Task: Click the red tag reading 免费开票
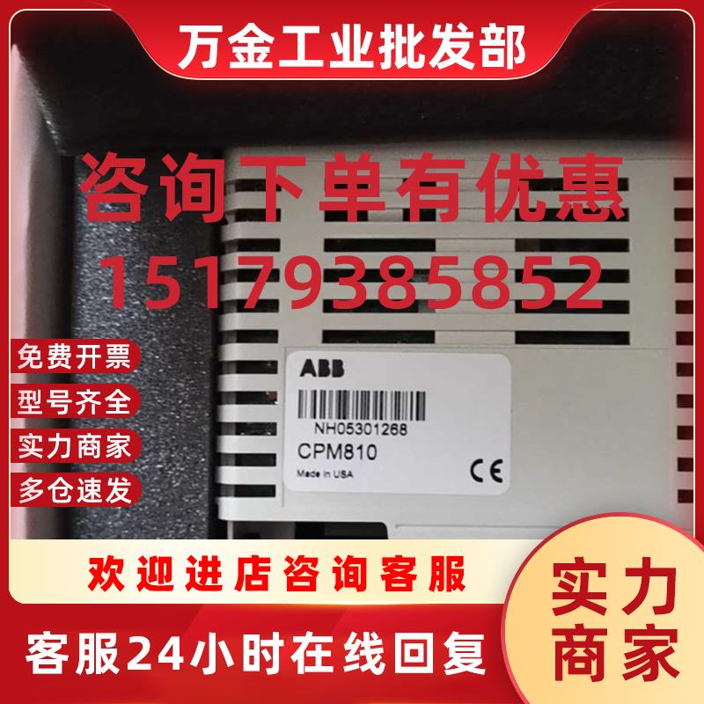(73, 359)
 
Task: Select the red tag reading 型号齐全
(73, 402)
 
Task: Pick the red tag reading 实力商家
(73, 444)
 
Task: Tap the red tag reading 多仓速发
(73, 487)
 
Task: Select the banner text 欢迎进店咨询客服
(277, 574)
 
